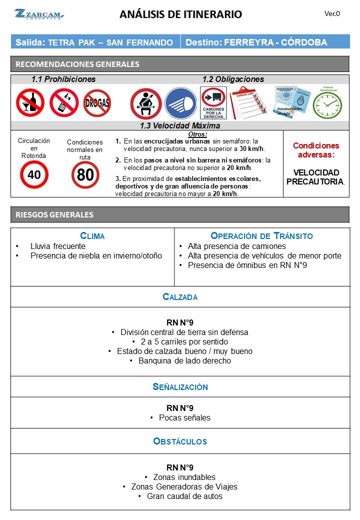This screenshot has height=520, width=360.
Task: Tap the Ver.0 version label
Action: (x=332, y=13)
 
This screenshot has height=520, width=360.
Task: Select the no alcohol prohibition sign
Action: (x=30, y=102)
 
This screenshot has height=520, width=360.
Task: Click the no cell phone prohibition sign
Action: (x=64, y=102)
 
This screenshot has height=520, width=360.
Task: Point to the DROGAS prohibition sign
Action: (x=97, y=103)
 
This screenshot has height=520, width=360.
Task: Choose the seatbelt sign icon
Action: (x=145, y=103)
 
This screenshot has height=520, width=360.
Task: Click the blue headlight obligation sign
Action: (x=180, y=103)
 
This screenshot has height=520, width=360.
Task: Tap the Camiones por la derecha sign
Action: (x=213, y=103)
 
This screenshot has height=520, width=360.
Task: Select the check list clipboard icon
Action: (x=248, y=103)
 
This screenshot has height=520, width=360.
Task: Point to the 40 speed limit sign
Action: (x=34, y=174)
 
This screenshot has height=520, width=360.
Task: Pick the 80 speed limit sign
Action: (x=85, y=175)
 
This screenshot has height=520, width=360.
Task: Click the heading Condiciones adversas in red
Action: (x=315, y=150)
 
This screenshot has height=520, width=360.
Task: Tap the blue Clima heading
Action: (x=92, y=236)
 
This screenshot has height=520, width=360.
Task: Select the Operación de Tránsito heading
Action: (x=261, y=236)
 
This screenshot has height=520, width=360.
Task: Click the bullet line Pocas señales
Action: (x=180, y=417)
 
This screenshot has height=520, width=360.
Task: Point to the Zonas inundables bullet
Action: (x=180, y=477)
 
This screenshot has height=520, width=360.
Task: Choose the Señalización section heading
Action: (x=180, y=387)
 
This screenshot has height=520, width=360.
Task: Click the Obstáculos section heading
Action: (x=180, y=441)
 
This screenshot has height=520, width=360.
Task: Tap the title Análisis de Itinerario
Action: (x=180, y=14)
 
